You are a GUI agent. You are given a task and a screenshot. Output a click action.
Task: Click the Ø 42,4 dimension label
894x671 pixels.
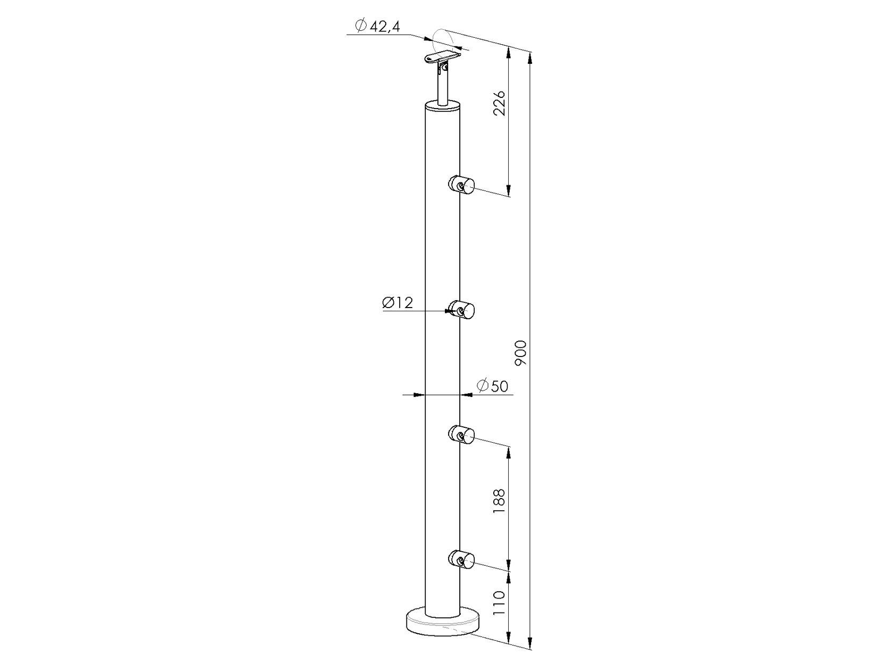pyautogui.click(x=377, y=26)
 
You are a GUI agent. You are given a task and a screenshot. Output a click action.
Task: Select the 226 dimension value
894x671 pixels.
pyautogui.click(x=499, y=103)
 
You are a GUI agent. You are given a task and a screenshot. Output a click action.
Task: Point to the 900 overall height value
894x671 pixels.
pyautogui.click(x=521, y=352)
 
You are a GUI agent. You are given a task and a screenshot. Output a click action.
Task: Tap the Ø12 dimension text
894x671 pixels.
pyautogui.click(x=398, y=303)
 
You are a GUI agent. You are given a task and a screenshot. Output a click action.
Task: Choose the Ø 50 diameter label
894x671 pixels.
pyautogui.click(x=493, y=386)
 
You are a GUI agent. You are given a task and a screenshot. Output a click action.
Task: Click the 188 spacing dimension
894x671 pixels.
pyautogui.click(x=499, y=501)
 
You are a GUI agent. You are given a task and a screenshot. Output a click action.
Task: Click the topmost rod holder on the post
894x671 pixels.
pyautogui.click(x=461, y=185)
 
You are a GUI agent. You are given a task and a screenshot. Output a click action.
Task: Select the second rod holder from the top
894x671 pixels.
pyautogui.click(x=461, y=309)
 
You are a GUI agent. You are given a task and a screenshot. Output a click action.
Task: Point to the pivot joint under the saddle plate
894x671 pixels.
pyautogui.click(x=443, y=68)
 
